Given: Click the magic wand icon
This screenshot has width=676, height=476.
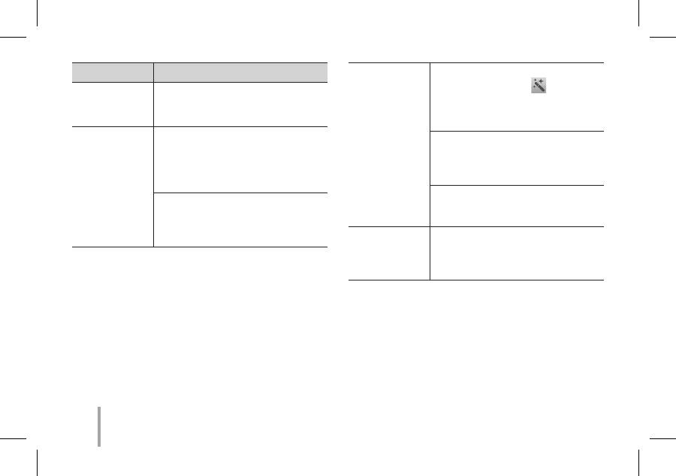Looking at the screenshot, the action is pos(539,86).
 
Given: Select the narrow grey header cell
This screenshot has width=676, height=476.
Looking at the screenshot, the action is pos(112,72).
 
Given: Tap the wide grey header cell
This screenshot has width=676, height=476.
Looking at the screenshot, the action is pos(240,72).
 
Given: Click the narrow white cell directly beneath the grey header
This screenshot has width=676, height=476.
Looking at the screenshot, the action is pos(112,104).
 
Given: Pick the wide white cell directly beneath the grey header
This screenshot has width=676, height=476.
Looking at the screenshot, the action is pos(240,104).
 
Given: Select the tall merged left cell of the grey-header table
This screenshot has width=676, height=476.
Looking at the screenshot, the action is pos(112,186).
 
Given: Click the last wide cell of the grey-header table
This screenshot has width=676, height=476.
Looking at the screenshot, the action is pos(240,220).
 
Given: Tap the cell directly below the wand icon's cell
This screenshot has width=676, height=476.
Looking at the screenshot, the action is pos(517,158).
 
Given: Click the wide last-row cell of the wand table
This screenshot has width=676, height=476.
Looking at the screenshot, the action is pos(517,253).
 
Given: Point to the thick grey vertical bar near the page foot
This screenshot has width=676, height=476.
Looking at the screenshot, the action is pos(99,428).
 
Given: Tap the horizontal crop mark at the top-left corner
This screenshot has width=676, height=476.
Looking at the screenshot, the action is pos(13,36).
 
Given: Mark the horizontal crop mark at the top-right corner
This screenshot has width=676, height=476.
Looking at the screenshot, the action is pos(662,36).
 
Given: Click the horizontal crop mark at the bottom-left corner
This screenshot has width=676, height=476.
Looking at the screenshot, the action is pos(13,439).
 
